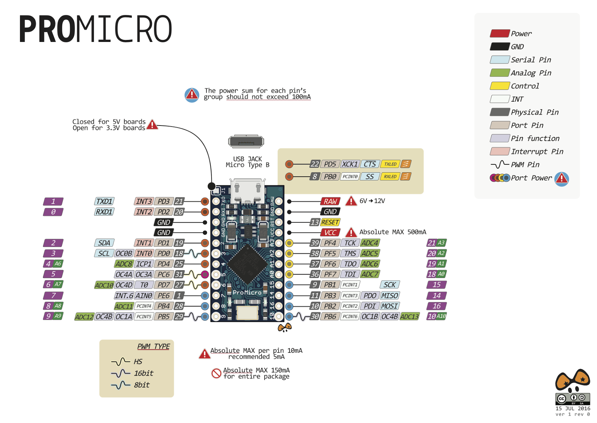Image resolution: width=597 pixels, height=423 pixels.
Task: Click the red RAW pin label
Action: pos(330,201)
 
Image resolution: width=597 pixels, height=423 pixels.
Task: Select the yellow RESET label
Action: pos(330,222)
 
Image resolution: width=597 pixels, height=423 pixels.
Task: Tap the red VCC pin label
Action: pos(330,232)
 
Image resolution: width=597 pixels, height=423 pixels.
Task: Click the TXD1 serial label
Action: pos(104,201)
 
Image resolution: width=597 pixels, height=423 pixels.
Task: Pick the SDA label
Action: pos(104,243)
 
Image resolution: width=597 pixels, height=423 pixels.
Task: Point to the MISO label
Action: pos(390,296)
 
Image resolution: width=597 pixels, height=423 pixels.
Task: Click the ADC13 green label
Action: pos(409,317)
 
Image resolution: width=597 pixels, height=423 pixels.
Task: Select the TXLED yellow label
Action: pos(390,164)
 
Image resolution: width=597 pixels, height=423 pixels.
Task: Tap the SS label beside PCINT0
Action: pos(370,176)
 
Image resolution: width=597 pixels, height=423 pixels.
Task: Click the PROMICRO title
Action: pos(96,29)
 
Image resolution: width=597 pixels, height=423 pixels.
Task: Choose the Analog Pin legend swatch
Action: pos(500,73)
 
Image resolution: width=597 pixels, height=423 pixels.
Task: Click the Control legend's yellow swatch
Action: pos(500,86)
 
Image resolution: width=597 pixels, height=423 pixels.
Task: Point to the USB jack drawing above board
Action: pos(246,142)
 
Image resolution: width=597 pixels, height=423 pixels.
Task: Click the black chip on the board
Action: pos(247,265)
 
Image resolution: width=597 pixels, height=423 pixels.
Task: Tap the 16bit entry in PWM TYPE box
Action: pos(143,373)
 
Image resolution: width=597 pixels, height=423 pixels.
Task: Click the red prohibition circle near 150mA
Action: pos(216,373)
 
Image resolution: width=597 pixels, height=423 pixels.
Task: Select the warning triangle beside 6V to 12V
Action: pos(351,201)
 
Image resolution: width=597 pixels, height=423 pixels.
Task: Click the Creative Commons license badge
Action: pos(573,399)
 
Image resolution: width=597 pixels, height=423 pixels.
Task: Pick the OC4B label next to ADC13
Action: pos(390,317)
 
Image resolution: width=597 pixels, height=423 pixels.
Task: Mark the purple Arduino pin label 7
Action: pos(53,296)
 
